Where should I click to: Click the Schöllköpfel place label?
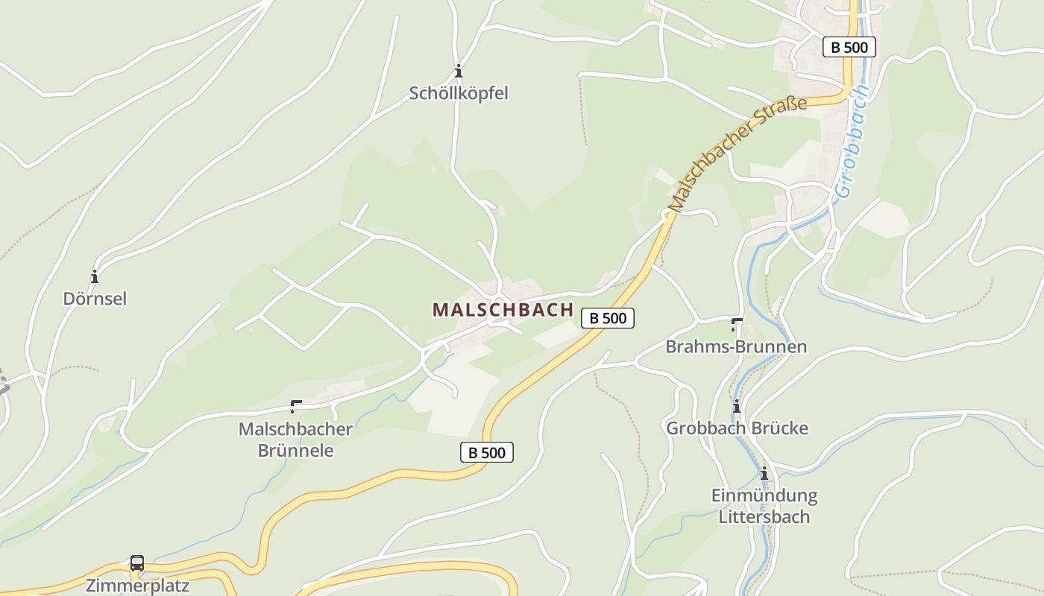click(x=459, y=93)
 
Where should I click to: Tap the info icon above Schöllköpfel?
click(x=459, y=72)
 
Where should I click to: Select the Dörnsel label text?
click(x=95, y=299)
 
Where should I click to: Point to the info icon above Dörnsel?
click(x=95, y=277)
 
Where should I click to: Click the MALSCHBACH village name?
click(x=503, y=310)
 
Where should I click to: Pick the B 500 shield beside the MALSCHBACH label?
click(x=608, y=318)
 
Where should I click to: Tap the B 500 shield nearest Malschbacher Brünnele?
click(x=487, y=452)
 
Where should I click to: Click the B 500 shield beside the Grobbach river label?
click(x=849, y=47)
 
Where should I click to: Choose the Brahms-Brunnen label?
click(x=736, y=346)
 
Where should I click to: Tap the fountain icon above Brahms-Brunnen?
click(x=737, y=324)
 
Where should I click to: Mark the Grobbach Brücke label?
click(x=737, y=428)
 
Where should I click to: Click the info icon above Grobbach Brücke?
click(x=737, y=407)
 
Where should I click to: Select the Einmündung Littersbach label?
click(x=764, y=506)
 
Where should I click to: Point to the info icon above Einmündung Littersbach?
click(x=764, y=474)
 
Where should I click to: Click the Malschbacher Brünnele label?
click(x=295, y=440)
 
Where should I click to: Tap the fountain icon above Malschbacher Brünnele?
click(x=296, y=406)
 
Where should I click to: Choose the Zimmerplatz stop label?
click(x=137, y=586)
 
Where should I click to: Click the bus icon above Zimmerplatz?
click(x=137, y=563)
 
